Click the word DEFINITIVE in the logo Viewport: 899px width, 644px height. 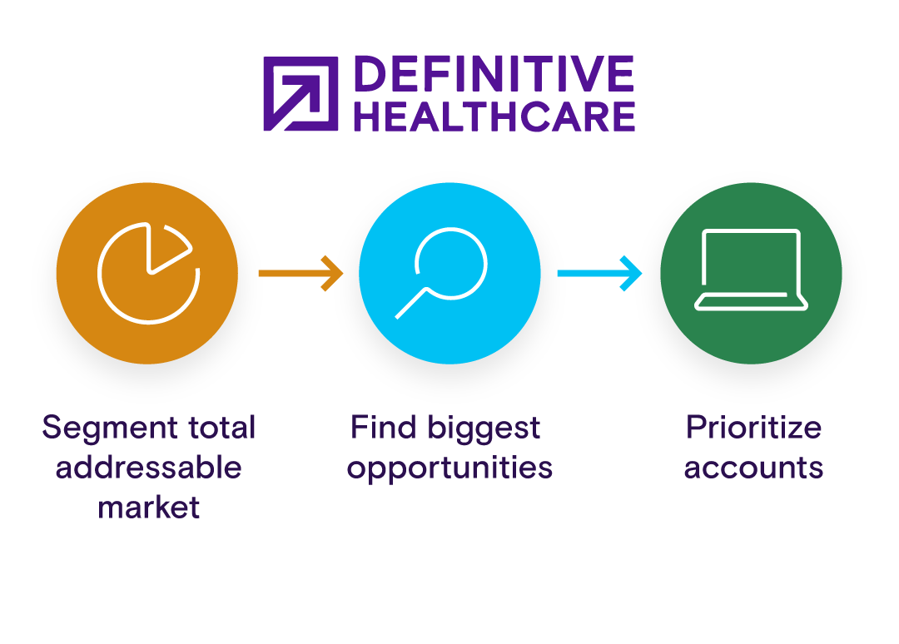pyautogui.click(x=494, y=74)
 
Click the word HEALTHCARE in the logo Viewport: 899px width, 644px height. pyautogui.click(x=494, y=116)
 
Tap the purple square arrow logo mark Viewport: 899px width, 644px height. pyautogui.click(x=300, y=94)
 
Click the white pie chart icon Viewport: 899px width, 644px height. pyautogui.click(x=148, y=272)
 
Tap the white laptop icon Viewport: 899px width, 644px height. pyautogui.click(x=751, y=270)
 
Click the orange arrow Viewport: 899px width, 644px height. pyautogui.click(x=300, y=273)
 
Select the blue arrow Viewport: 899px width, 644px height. pyautogui.click(x=599, y=273)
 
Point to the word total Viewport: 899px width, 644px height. pyautogui.click(x=221, y=428)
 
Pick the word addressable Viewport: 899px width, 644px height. pyautogui.click(x=148, y=468)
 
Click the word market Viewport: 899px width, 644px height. pyautogui.click(x=149, y=508)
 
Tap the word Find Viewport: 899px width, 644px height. pyautogui.click(x=383, y=428)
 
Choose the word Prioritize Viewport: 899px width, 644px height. pyautogui.click(x=753, y=429)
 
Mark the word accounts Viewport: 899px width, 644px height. pyautogui.click(x=753, y=468)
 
